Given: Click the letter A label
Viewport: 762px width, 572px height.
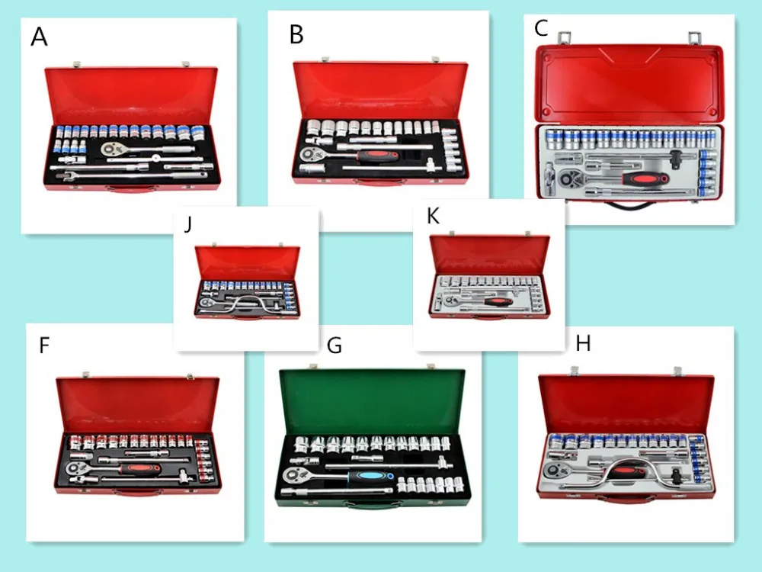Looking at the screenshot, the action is (x=39, y=37).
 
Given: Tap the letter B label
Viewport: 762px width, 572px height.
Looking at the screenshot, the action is (x=296, y=34).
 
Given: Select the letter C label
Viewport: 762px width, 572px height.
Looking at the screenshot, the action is (x=541, y=27).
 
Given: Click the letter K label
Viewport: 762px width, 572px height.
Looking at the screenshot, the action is (x=433, y=216).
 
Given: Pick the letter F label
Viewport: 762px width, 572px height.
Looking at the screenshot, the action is (x=44, y=345).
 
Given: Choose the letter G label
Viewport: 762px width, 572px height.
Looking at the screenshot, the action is (x=335, y=345).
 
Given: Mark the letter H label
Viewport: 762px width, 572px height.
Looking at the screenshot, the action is (x=583, y=343).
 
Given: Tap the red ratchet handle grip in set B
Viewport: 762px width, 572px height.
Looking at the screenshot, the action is (x=378, y=156).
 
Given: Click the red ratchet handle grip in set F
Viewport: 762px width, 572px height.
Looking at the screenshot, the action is (x=140, y=469).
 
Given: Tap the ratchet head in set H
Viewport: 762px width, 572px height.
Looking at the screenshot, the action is (x=553, y=471).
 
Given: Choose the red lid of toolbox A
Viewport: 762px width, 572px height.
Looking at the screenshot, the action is (x=131, y=96).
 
